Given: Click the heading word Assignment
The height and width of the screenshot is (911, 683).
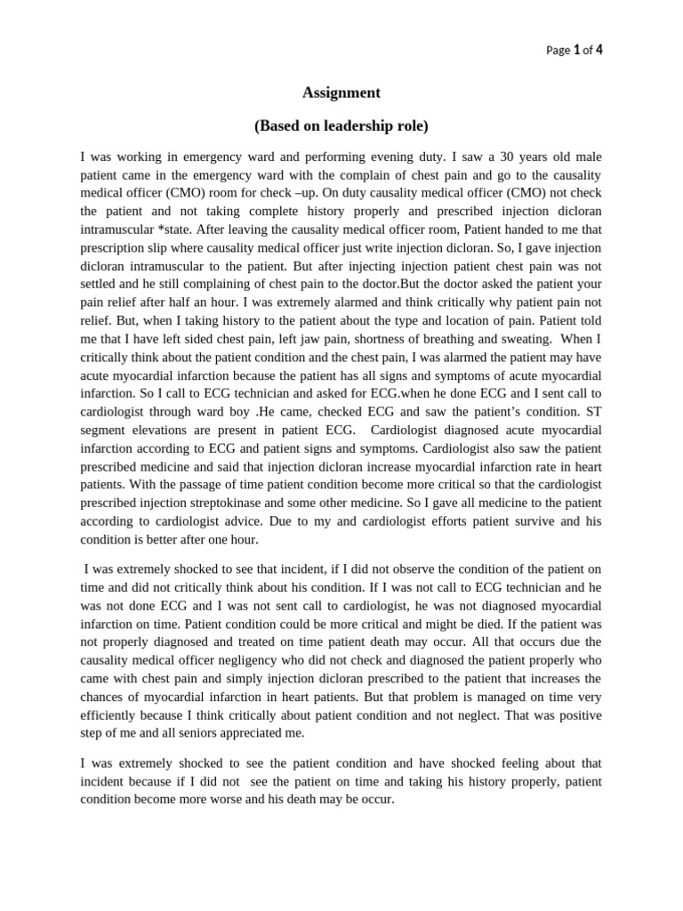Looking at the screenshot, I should (x=341, y=93).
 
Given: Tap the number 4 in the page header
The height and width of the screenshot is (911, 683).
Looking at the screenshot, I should (x=599, y=50).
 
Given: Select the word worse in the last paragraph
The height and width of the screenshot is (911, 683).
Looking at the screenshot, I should (x=237, y=799).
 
